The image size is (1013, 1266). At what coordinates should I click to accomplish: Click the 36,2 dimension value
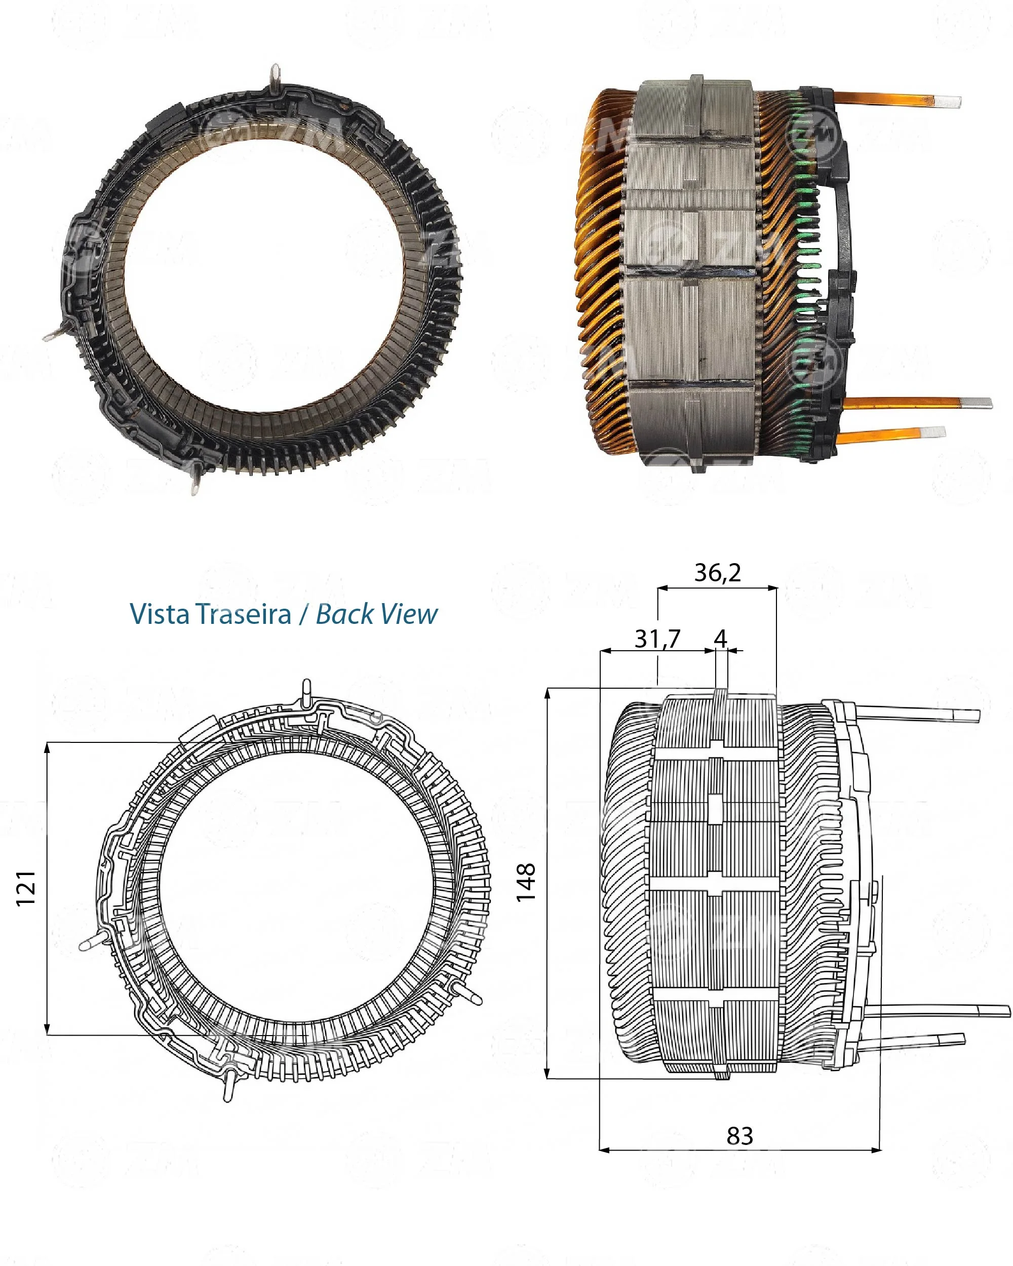point(717,573)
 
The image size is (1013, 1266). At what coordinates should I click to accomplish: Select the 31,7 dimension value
point(657,638)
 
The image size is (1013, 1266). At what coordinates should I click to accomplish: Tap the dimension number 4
point(721,638)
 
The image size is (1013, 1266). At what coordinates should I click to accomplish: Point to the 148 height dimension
point(526,882)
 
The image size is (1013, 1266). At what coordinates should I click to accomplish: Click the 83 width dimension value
point(739,1136)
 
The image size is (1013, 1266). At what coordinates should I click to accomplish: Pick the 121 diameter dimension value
point(26,888)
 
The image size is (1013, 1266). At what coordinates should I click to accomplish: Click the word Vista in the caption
point(160,614)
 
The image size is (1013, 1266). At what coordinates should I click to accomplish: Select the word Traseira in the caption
point(243,614)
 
